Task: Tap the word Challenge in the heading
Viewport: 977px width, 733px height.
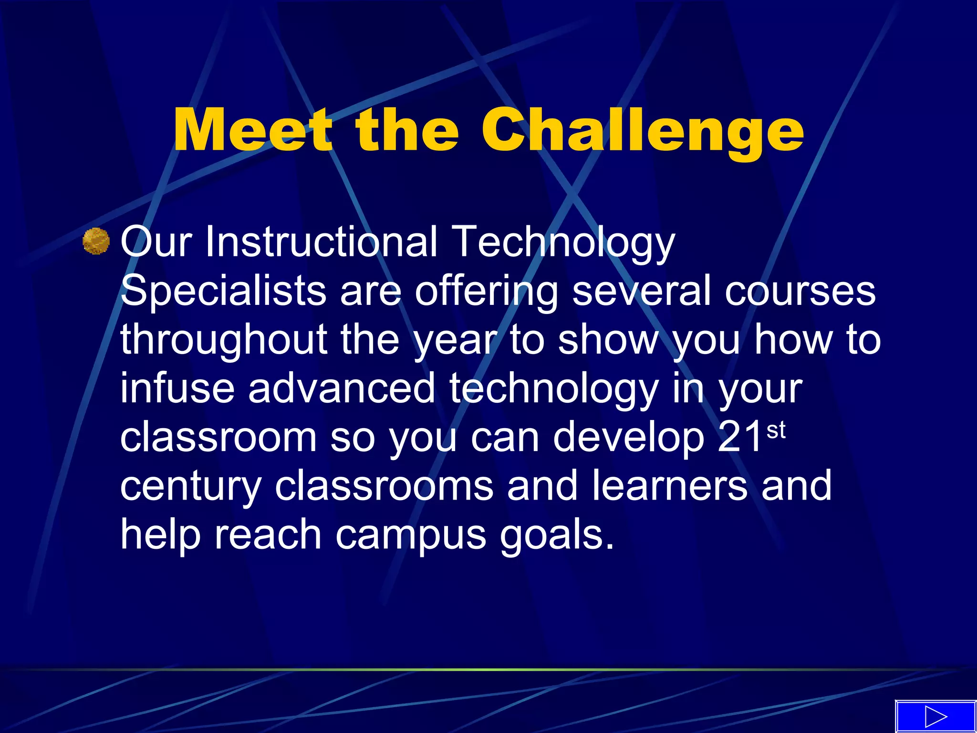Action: click(x=642, y=130)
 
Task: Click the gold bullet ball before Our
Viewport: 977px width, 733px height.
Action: click(x=96, y=241)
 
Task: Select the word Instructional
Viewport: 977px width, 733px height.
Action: click(x=321, y=241)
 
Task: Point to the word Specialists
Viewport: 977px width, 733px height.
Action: click(x=223, y=291)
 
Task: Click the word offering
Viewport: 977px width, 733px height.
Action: click(x=486, y=292)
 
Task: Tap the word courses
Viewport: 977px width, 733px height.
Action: click(x=800, y=291)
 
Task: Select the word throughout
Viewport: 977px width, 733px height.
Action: click(x=223, y=340)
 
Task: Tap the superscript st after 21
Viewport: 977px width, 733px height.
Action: click(x=776, y=430)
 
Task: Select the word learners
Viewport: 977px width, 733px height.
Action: click(x=669, y=485)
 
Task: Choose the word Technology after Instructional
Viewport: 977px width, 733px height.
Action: click(x=563, y=242)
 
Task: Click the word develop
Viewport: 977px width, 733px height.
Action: click(x=628, y=438)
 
